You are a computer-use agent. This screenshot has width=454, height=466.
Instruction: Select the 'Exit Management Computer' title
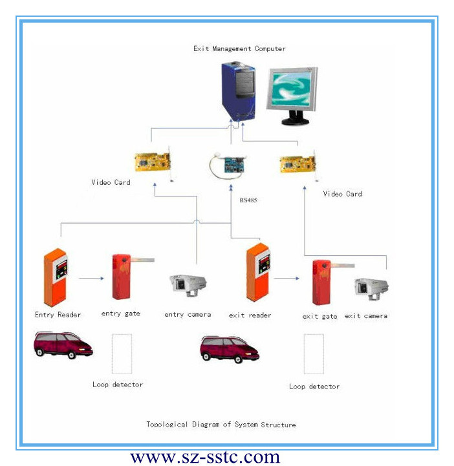point(239,48)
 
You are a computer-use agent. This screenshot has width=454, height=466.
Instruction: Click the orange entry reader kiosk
point(57,277)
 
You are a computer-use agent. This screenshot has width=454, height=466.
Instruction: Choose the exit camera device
point(371,286)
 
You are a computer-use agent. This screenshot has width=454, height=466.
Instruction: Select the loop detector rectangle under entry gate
point(122,352)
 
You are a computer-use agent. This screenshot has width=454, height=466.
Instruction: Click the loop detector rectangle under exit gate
point(314,354)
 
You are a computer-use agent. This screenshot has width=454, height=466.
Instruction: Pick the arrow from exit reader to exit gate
point(286,279)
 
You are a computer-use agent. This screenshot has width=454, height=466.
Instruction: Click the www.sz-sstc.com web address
point(205,457)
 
